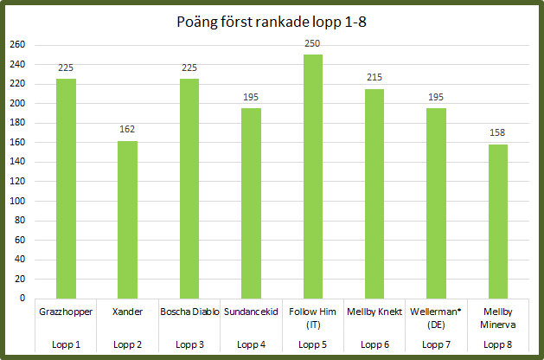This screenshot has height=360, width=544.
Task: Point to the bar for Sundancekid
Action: point(251,203)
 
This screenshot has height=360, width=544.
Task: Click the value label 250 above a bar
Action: point(312,44)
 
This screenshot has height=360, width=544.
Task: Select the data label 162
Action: point(127,130)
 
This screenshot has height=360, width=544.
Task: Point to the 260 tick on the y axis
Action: point(17,45)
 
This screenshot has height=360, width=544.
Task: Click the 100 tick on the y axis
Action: point(17,201)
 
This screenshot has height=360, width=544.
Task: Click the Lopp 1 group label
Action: point(66,344)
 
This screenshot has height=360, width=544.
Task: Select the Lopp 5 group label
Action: point(312,344)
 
